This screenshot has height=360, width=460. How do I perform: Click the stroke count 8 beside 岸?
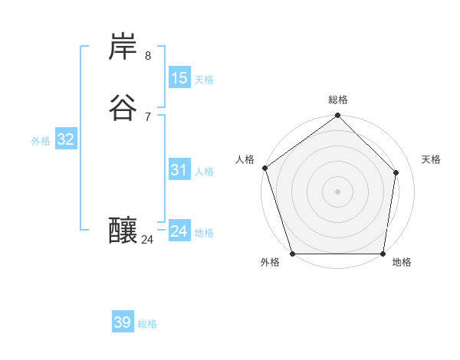click(147, 56)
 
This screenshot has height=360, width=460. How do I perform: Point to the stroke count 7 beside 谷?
click(147, 117)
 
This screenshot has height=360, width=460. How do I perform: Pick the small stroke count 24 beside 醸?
click(147, 240)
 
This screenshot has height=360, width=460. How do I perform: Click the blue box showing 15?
click(179, 77)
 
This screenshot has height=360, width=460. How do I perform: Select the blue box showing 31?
click(179, 170)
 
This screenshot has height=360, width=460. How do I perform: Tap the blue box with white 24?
click(179, 231)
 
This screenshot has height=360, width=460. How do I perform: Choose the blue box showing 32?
click(65, 139)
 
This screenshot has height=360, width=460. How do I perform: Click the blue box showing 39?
click(123, 322)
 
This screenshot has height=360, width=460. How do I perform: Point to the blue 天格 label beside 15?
click(204, 79)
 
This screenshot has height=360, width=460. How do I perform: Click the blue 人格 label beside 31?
click(204, 172)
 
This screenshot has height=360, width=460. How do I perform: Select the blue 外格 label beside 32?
click(41, 141)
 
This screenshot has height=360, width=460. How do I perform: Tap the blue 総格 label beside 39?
click(147, 324)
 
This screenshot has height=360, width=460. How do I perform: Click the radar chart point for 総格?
click(337, 116)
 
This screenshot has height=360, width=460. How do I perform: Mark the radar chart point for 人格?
click(264, 168)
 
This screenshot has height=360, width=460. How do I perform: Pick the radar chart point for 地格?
click(383, 254)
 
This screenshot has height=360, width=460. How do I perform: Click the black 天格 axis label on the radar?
click(431, 159)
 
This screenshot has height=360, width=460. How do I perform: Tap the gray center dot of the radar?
click(337, 191)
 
